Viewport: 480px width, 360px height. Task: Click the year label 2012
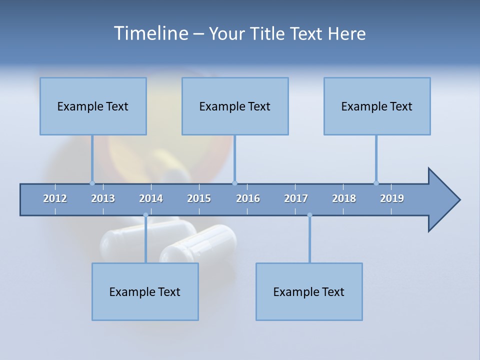[55, 198]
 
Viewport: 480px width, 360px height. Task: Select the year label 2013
[103, 198]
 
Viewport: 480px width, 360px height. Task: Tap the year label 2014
[151, 198]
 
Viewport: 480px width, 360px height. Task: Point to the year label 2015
[199, 198]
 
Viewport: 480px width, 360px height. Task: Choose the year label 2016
[248, 198]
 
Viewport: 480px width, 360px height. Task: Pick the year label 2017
[296, 198]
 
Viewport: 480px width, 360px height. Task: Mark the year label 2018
[344, 198]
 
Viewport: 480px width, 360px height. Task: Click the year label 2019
[392, 198]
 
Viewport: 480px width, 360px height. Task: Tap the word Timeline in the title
[150, 33]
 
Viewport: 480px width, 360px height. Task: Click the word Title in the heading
[267, 33]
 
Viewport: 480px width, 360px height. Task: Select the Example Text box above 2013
[93, 106]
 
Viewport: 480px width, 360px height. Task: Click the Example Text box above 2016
[235, 106]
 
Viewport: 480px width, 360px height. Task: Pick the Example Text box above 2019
[377, 106]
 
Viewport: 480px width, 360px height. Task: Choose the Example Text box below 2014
[145, 291]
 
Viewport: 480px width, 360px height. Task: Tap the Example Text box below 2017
[309, 291]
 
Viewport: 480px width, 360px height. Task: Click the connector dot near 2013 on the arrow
[92, 183]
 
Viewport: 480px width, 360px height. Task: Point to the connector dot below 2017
[309, 215]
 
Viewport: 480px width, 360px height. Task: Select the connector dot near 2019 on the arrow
[376, 183]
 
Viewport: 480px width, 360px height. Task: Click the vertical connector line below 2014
[145, 240]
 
